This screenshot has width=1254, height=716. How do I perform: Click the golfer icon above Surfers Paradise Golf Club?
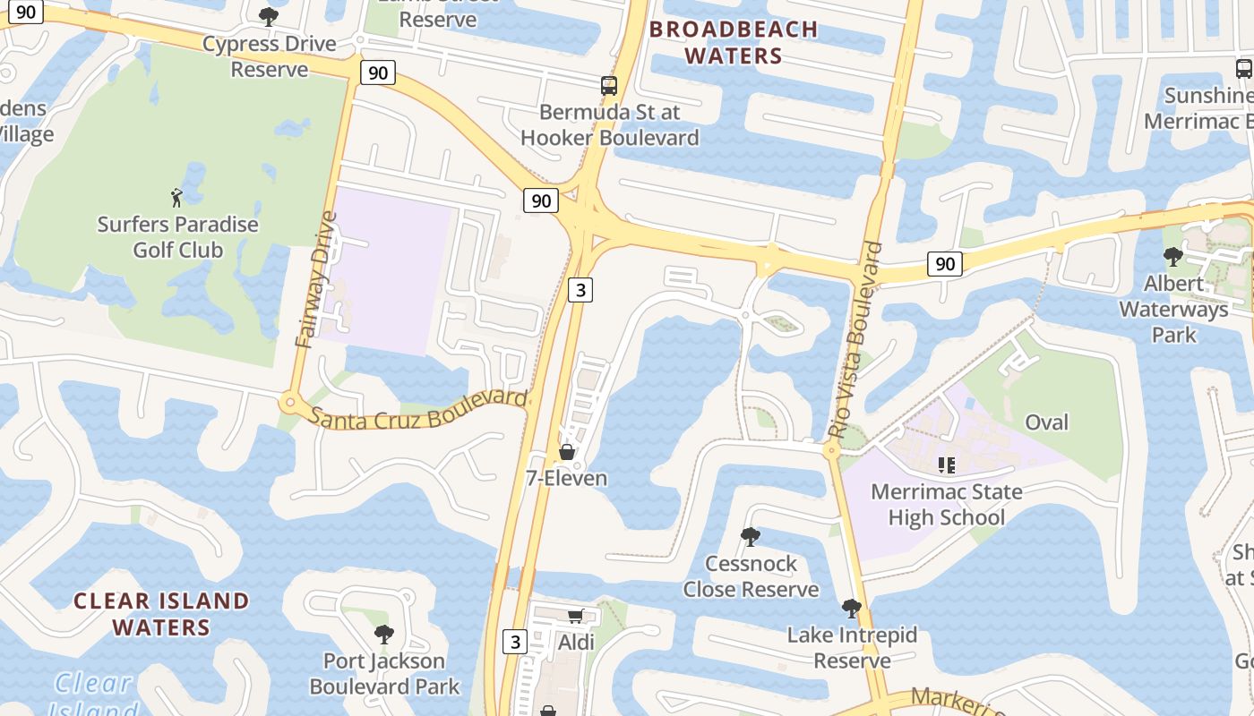coord(176,197)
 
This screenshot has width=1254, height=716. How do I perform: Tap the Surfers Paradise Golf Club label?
coord(177,237)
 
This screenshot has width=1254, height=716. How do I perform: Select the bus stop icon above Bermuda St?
coord(609,86)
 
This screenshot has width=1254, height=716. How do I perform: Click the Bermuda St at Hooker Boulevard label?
coord(609,125)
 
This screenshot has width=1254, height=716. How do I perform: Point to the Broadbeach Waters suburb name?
coord(734,42)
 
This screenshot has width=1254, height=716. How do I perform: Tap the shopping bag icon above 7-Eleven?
coord(567,452)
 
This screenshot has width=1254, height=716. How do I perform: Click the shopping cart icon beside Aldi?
coord(576,616)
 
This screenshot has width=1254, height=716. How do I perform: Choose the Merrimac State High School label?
coord(946,505)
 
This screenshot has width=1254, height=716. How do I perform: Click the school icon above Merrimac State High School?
coord(946,465)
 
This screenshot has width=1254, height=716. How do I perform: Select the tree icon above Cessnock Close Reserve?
coord(751,537)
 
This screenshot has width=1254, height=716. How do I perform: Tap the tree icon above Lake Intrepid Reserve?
coord(852,609)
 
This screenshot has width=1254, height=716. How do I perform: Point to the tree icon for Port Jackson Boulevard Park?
coord(384,635)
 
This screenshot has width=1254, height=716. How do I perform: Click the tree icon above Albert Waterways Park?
coord(1172,257)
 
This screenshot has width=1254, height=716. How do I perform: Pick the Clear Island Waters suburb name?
coord(161,613)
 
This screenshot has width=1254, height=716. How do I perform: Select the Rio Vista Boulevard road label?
coord(856,340)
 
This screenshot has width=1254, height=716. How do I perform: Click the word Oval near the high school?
coord(1046,422)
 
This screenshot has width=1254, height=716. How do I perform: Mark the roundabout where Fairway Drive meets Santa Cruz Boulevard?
coord(289,403)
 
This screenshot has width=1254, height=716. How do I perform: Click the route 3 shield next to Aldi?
coord(514,642)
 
